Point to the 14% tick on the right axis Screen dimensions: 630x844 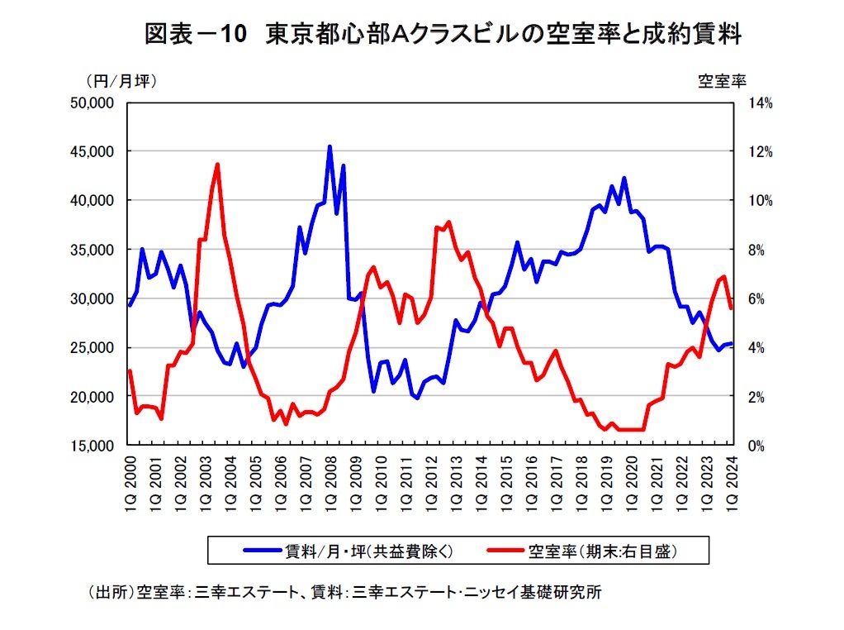pos(761,103)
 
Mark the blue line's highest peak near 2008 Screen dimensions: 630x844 pos(330,146)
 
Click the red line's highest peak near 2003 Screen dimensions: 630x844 pos(217,164)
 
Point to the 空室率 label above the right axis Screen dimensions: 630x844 pos(723,81)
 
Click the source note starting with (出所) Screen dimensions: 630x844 pos(348,592)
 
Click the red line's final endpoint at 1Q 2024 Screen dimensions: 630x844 pos(731,308)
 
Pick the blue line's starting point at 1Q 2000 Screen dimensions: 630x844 pos(130,305)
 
